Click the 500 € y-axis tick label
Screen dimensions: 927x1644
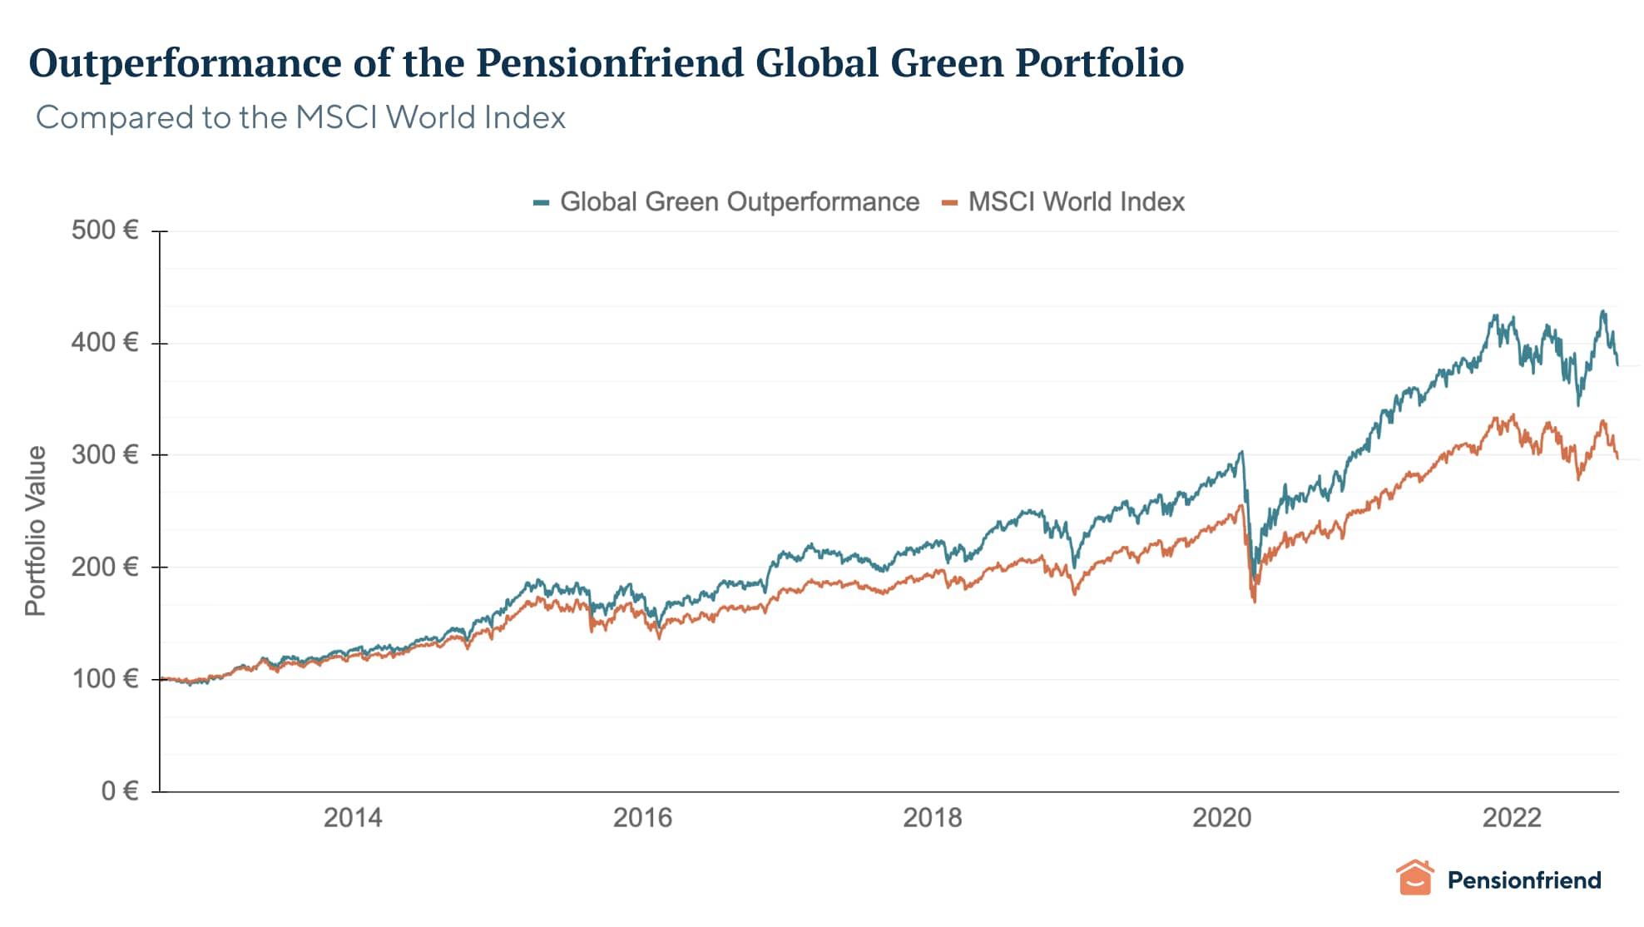pyautogui.click(x=105, y=230)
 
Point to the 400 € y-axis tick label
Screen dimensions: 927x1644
pyautogui.click(x=105, y=342)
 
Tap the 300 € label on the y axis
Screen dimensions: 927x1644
pyautogui.click(x=105, y=454)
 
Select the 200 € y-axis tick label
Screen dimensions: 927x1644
pyautogui.click(x=105, y=567)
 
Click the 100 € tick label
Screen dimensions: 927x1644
pyautogui.click(x=105, y=679)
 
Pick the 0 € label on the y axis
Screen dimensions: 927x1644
pyautogui.click(x=120, y=791)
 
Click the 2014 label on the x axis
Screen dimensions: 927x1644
pyautogui.click(x=353, y=817)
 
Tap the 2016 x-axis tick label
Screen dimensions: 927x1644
pyautogui.click(x=642, y=817)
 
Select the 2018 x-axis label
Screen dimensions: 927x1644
pyautogui.click(x=932, y=817)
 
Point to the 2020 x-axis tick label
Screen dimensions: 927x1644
pyautogui.click(x=1221, y=817)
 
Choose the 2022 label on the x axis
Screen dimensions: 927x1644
pyautogui.click(x=1512, y=817)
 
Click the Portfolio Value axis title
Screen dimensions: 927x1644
pyautogui.click(x=36, y=531)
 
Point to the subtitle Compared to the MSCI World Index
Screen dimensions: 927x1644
pyautogui.click(x=300, y=117)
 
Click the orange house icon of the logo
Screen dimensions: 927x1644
pyautogui.click(x=1414, y=879)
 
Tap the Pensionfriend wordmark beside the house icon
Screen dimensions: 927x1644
pyautogui.click(x=1523, y=880)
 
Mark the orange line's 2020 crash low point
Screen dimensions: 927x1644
pyautogui.click(x=1254, y=601)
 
